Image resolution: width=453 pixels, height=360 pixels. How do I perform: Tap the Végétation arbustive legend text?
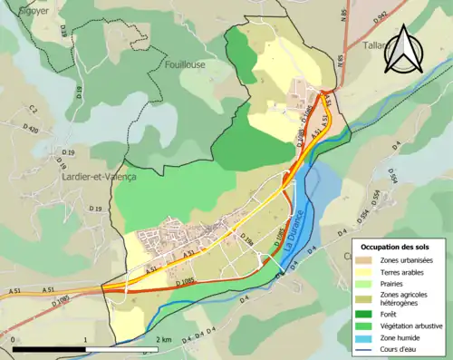tap(408, 326)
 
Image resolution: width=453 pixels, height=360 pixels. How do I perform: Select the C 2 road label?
tap(33, 110)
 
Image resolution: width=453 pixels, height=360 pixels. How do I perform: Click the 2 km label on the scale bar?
tap(164, 339)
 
